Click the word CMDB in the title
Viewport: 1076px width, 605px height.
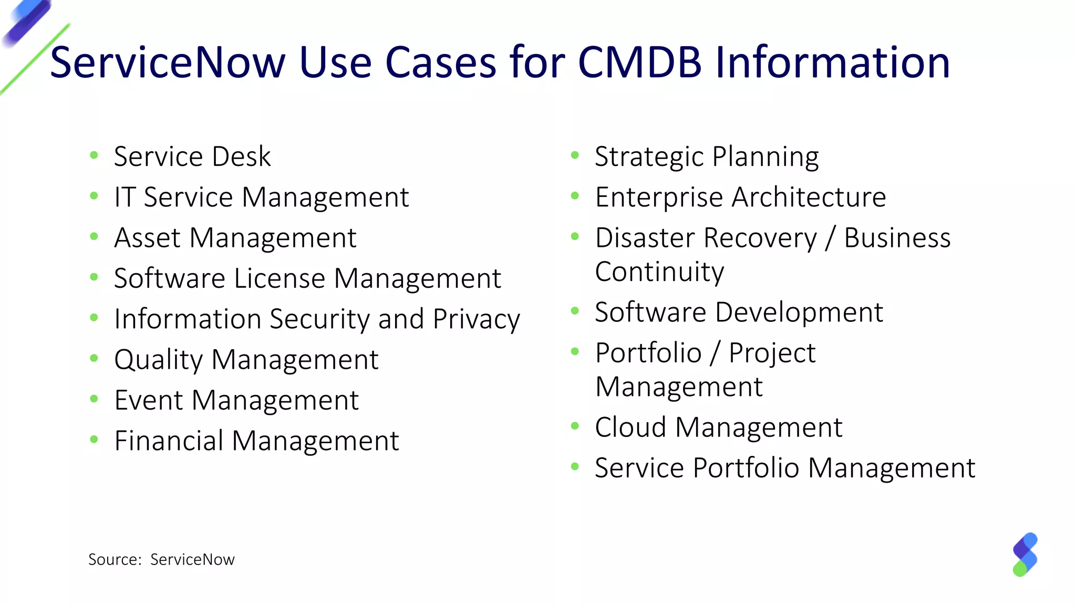tap(639, 62)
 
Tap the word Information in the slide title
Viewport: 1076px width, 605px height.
tap(833, 62)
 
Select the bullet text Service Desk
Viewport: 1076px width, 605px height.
tap(192, 157)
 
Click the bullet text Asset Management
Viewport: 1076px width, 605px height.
tap(235, 238)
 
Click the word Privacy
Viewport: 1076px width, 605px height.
tap(476, 319)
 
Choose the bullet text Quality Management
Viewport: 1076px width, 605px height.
tap(246, 360)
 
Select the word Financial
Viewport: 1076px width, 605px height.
tap(169, 441)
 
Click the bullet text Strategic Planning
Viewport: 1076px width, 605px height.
tap(707, 157)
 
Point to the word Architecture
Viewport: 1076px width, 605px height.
tap(809, 197)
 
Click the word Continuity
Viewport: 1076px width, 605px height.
tap(659, 272)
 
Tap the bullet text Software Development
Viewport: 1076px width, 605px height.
tap(739, 312)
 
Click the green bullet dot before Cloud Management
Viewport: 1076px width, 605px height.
tap(575, 426)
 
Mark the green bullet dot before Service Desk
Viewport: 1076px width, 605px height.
tap(94, 155)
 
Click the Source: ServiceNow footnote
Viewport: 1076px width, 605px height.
tap(161, 560)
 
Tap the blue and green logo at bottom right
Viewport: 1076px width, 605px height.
tap(1025, 555)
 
